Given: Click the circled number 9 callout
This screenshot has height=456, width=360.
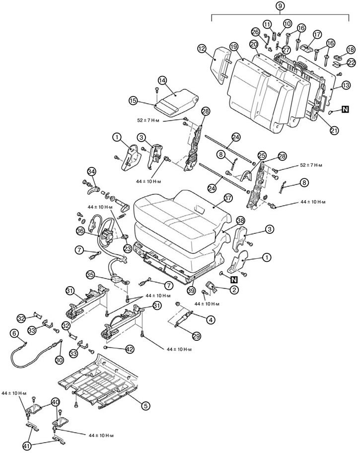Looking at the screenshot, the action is tap(280, 5).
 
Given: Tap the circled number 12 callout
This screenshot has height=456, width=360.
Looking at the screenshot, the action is tap(202, 48).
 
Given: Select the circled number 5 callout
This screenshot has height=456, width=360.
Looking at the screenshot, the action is tap(145, 405).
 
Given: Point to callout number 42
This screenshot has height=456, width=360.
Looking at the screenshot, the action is tap(130, 349).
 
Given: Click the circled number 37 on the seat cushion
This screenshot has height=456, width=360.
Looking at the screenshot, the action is tap(228, 198).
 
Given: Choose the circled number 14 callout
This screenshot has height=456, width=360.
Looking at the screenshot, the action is tap(163, 81).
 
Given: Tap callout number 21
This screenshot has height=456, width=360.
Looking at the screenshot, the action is tap(334, 130).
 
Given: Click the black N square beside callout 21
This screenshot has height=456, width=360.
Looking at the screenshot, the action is tap(345, 109).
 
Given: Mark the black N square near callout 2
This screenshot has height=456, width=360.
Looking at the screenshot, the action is tap(234, 280).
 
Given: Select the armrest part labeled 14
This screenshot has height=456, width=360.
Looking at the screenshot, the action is tap(176, 102).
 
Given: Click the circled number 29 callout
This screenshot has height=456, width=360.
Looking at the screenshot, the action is tap(197, 336).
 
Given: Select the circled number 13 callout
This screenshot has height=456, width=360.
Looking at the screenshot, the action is tap(346, 85).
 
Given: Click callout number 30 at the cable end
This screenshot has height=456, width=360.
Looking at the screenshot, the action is tap(59, 360).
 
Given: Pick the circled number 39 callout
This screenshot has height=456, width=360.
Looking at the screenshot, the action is tap(191, 291).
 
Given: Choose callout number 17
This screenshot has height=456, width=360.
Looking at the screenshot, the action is tap(317, 34).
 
